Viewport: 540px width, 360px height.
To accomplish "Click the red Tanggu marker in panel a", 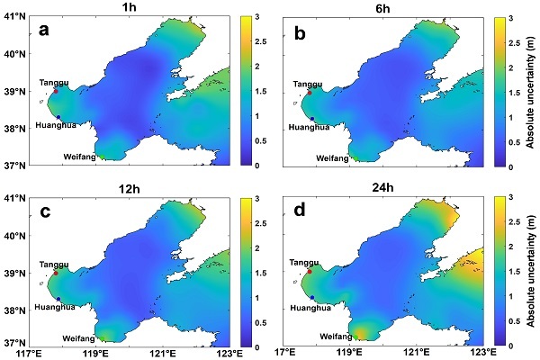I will click(55, 91).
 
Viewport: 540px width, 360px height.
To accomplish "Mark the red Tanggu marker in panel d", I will click(310, 271).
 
